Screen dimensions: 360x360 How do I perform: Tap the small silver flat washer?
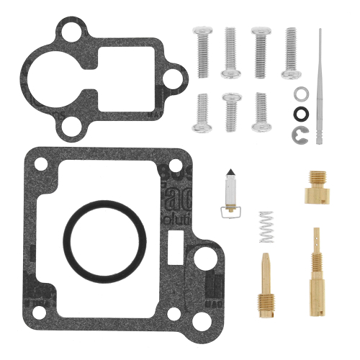(x=300, y=93)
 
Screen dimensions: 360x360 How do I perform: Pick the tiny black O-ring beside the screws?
(x=300, y=112)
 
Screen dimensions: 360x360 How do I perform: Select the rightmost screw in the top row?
(x=290, y=52)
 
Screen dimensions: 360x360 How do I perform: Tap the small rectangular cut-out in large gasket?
(x=174, y=241)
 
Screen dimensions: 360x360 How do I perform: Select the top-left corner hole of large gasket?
(x=41, y=166)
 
